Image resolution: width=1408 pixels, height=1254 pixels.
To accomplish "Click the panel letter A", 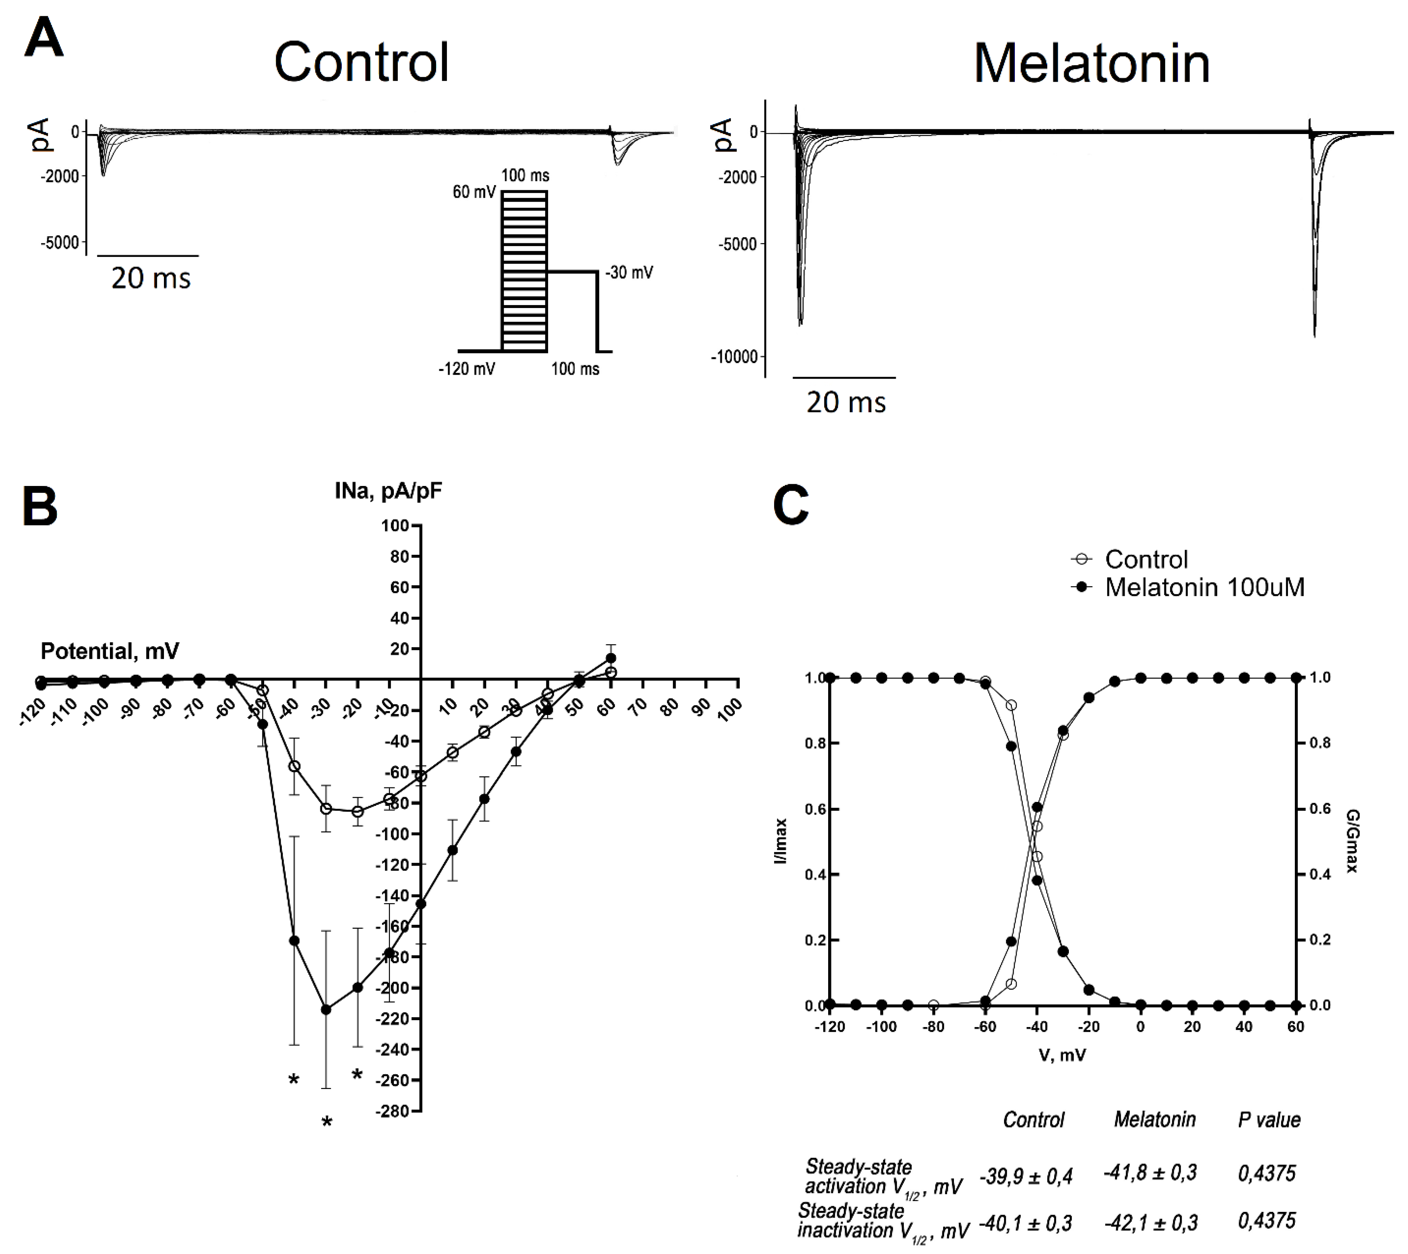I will click(43, 40).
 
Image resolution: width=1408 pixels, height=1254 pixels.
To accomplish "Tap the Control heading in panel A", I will click(361, 62).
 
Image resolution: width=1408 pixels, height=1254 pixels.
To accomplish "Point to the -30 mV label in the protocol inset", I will click(629, 273).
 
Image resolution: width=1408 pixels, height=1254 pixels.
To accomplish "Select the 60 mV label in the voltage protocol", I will click(474, 192).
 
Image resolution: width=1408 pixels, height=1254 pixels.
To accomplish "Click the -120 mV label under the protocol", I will click(467, 369).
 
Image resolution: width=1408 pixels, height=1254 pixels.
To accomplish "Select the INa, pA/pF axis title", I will click(388, 491).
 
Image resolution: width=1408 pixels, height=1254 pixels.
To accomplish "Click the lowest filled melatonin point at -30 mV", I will click(326, 1009).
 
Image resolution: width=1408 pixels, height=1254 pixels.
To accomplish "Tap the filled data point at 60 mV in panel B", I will click(610, 658).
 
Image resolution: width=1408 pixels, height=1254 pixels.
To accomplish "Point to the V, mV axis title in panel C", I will click(1062, 1055).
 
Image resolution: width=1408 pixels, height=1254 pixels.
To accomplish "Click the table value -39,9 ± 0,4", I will click(1026, 1176).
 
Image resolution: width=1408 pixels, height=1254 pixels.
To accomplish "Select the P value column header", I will click(1269, 1120).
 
